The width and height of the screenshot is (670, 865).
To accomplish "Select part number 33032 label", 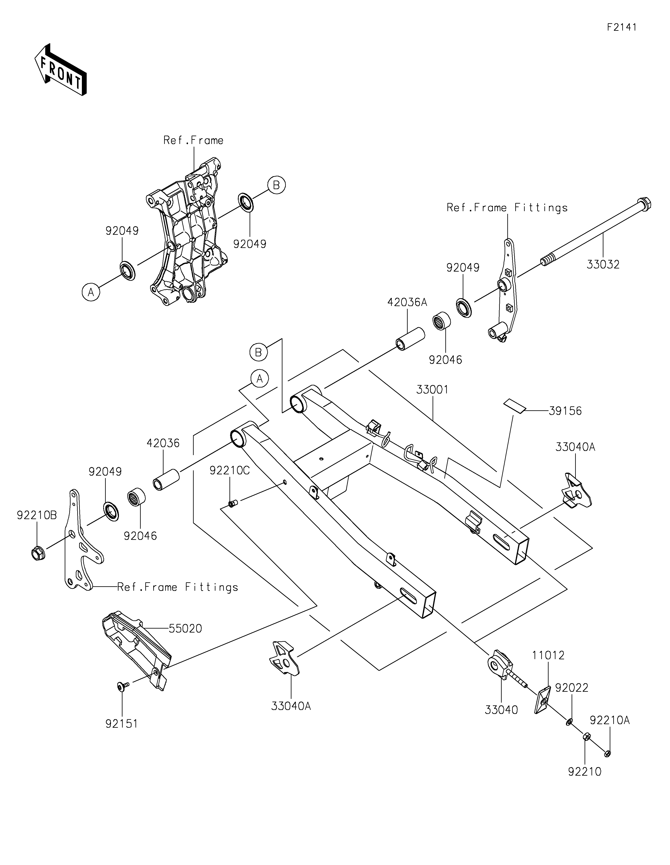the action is coord(603,264).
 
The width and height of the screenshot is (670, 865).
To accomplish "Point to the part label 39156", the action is coord(565,411).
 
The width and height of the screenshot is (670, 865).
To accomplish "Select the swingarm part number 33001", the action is coord(432,390).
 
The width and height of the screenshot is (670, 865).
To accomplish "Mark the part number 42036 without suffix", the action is coord(163,443).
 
